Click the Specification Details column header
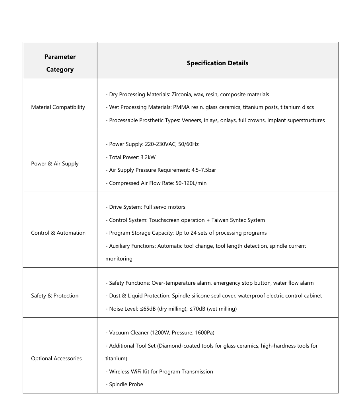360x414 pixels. coord(217,63)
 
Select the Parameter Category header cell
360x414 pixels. coord(60,63)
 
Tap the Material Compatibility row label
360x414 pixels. coord(58,107)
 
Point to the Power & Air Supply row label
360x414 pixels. coord(55,163)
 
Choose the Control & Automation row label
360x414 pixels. coord(58,233)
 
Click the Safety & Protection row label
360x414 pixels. coord(55,295)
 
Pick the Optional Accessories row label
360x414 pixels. coord(56,358)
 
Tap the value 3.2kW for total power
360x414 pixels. coord(148,157)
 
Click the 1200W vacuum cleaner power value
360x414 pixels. coord(159,332)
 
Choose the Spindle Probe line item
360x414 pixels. coord(126,384)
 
